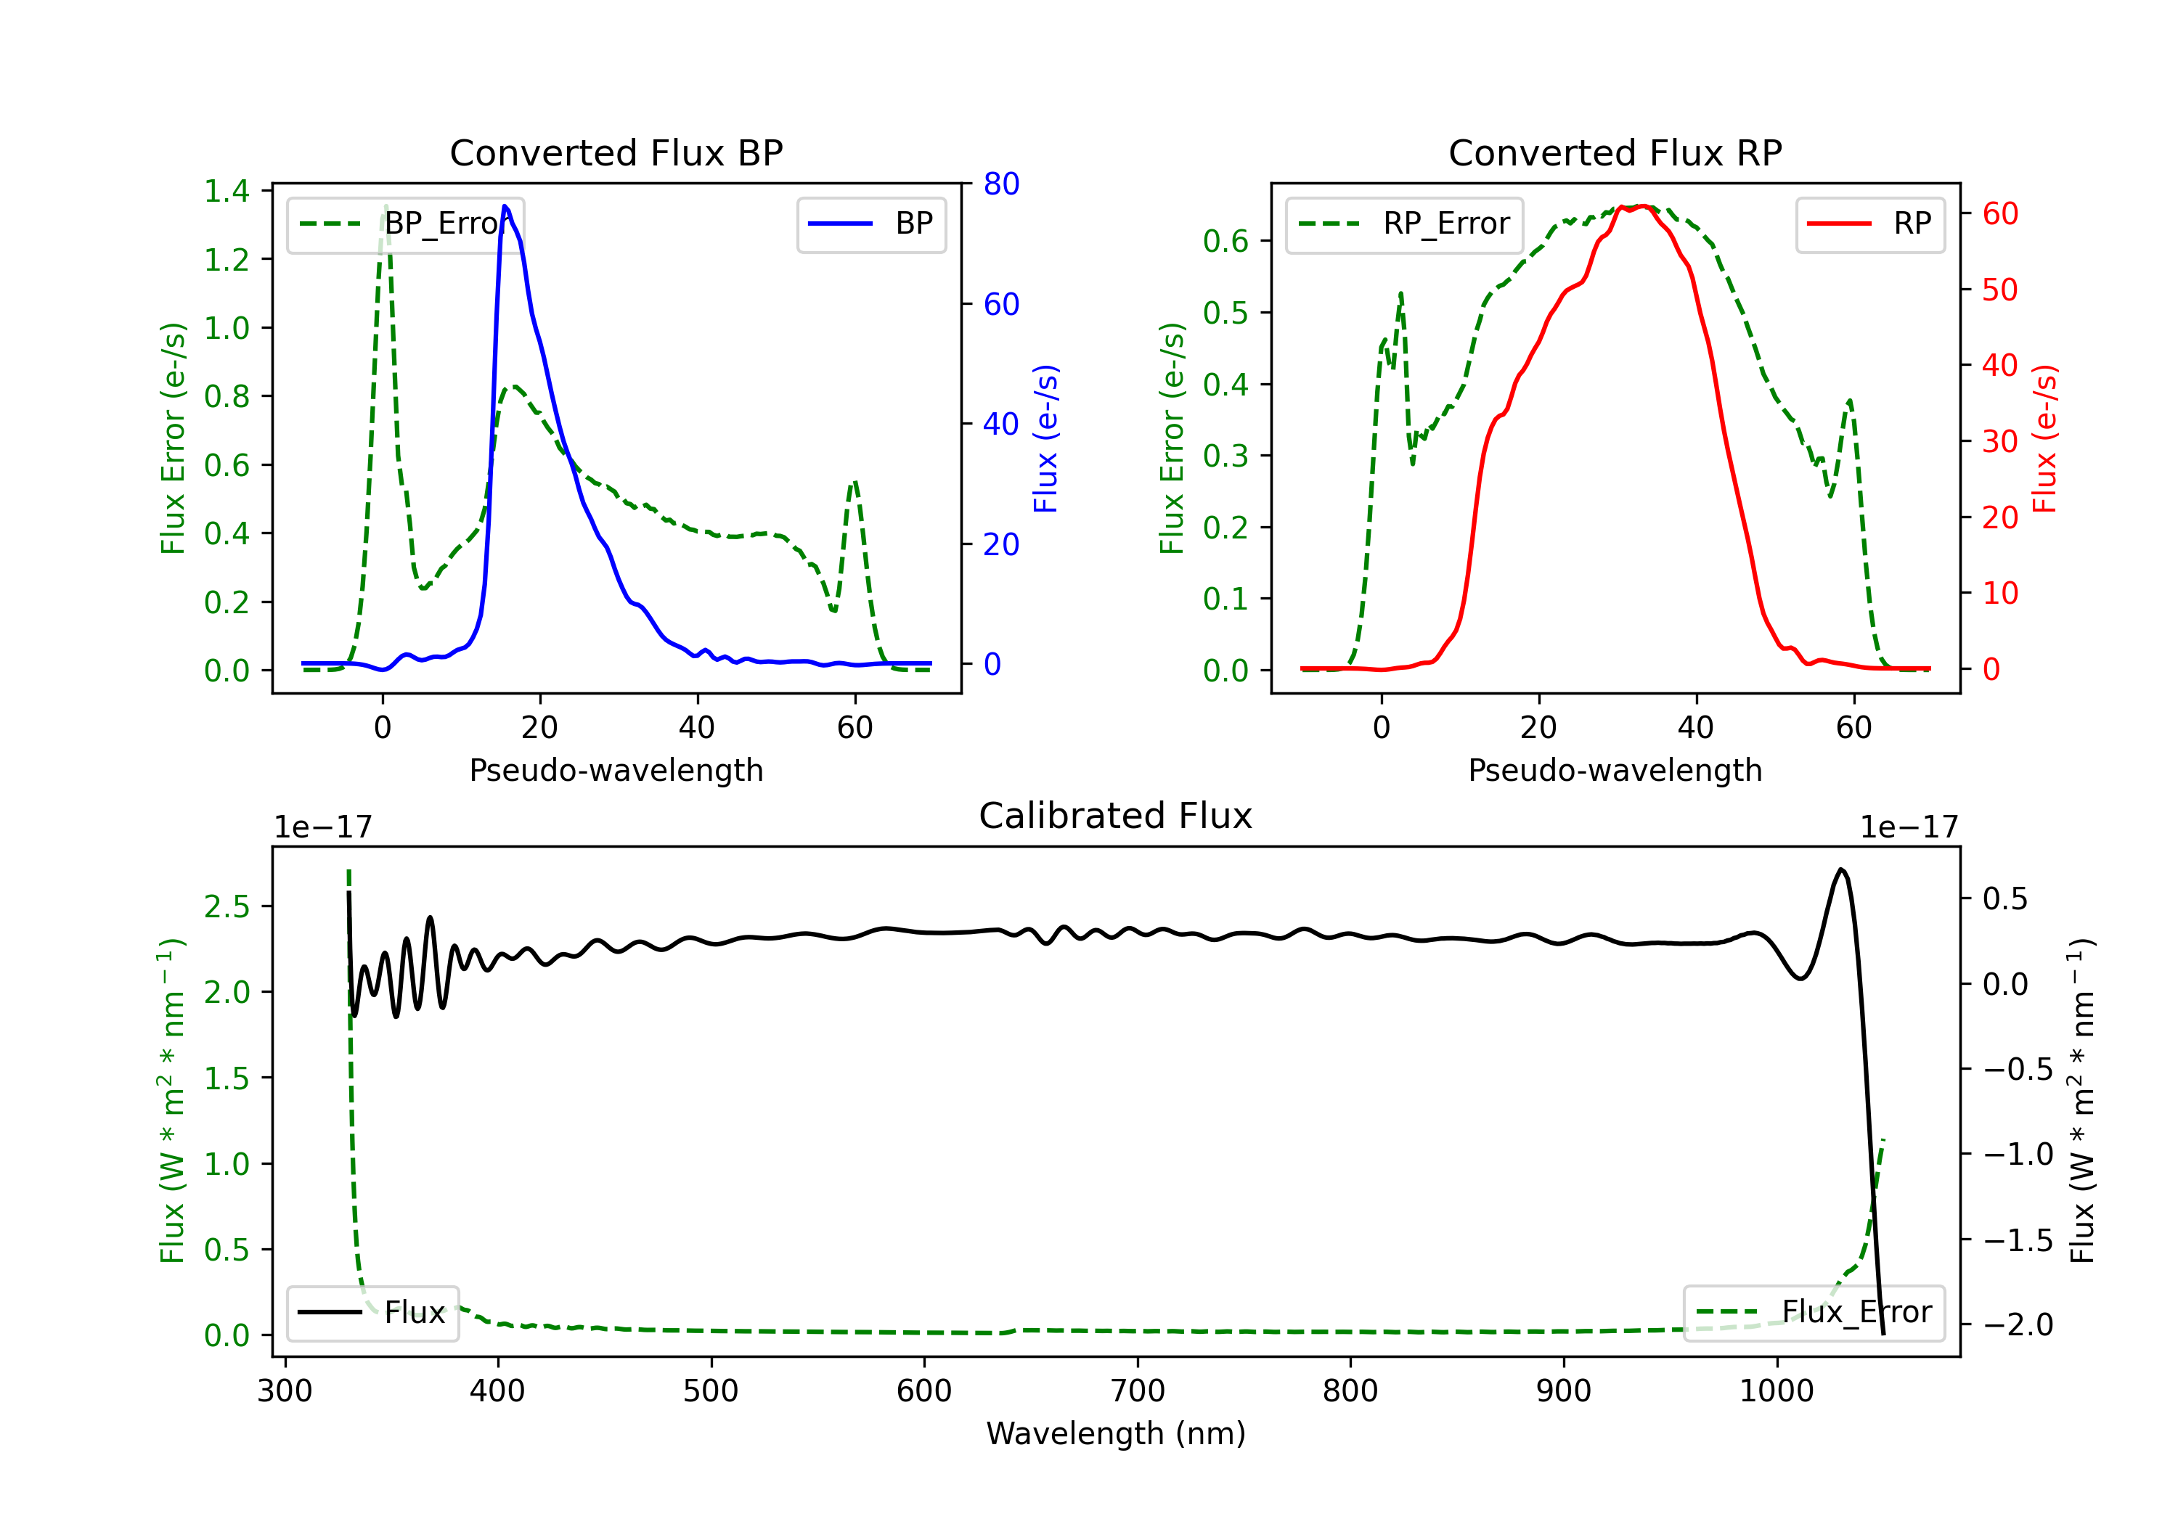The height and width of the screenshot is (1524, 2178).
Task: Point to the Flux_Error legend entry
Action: [1814, 1313]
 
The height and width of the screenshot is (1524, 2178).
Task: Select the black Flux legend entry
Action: [372, 1313]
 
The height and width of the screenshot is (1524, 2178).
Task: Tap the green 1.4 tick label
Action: [226, 192]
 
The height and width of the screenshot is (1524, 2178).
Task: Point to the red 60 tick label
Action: [1999, 214]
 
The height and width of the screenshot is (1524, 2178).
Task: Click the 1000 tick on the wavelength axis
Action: [1776, 1391]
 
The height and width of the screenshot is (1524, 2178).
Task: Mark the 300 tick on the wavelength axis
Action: [285, 1391]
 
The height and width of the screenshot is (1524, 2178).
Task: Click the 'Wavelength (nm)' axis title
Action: [1116, 1434]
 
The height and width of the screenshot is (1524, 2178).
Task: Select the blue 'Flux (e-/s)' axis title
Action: [1045, 439]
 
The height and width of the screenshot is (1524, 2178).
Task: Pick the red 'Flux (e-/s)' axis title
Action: [2044, 439]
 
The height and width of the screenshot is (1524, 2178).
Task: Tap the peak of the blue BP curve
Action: [505, 206]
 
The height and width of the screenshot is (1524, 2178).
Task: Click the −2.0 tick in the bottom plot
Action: [2018, 1325]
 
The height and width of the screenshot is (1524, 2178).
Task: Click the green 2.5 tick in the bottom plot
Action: [226, 906]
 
